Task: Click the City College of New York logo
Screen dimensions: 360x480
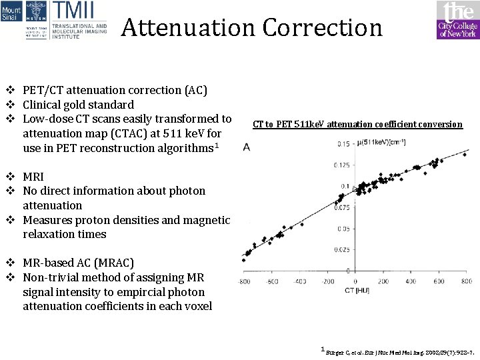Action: point(458,20)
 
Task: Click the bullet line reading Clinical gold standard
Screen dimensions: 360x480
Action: point(78,105)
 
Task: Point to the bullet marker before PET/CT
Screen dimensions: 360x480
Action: point(10,90)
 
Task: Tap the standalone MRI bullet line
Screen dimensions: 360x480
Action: point(33,177)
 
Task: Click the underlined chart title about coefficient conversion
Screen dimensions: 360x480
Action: point(357,124)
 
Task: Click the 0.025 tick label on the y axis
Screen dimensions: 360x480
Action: point(341,250)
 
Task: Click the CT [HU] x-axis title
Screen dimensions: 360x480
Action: point(357,291)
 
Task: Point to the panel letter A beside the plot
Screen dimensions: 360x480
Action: point(247,147)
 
